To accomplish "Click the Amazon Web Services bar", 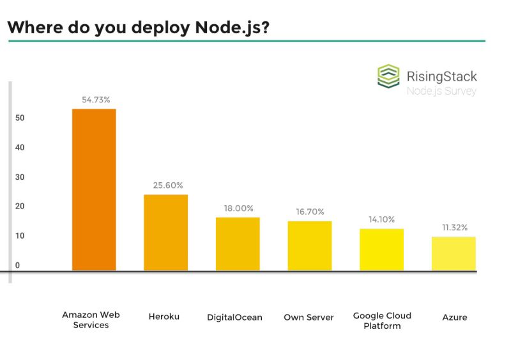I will click(x=94, y=190).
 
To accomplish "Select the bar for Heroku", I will click(x=165, y=233).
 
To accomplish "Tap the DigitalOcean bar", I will click(x=238, y=244).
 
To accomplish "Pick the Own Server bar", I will click(x=310, y=246).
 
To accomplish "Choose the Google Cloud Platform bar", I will click(x=381, y=249).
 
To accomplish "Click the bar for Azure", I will click(x=454, y=254).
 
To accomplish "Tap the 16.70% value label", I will click(x=310, y=212).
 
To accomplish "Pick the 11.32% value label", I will click(x=455, y=227).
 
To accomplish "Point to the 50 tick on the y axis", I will click(x=20, y=118).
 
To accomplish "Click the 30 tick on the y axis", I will click(x=20, y=177).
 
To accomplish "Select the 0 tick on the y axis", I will click(x=18, y=265).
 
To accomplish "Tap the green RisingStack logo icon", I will click(x=388, y=75).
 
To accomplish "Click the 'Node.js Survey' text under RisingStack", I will click(x=441, y=91).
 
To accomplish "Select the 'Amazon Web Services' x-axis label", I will click(x=91, y=320).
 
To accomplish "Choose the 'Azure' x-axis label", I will click(x=454, y=317).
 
